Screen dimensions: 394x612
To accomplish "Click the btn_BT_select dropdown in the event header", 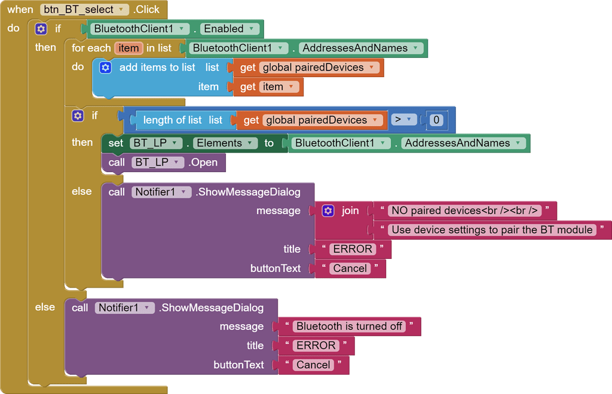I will (85, 10).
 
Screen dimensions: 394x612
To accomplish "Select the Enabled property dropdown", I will (229, 29).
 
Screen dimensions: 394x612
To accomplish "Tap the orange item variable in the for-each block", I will (128, 48).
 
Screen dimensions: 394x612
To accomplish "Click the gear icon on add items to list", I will (105, 68).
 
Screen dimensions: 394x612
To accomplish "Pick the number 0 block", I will (436, 120).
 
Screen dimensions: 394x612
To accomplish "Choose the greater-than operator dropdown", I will (404, 120).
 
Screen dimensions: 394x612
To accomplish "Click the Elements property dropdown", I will (225, 143).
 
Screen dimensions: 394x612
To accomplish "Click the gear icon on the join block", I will (328, 210).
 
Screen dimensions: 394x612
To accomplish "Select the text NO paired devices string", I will (464, 210).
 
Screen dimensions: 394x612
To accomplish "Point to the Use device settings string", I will (492, 230).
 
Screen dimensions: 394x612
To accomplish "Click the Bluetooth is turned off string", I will (349, 326).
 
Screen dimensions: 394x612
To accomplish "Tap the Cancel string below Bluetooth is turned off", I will (313, 365).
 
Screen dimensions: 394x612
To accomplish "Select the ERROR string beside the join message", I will (353, 249).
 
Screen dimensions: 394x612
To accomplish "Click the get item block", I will (270, 87).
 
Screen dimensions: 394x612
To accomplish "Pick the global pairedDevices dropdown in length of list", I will (322, 120).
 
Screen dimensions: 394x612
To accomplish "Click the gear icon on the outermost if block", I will (41, 29).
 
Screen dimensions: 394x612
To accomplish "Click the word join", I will (350, 210).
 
